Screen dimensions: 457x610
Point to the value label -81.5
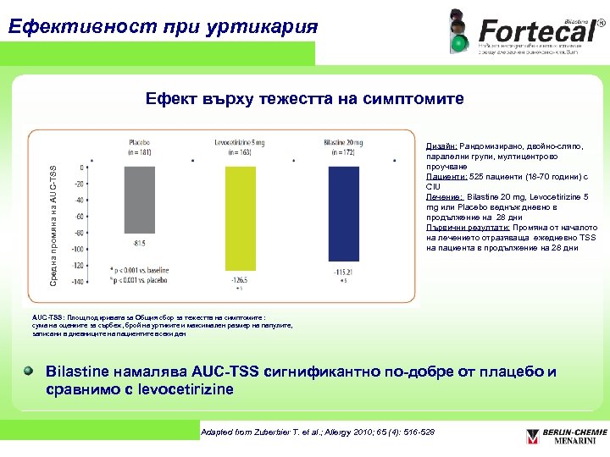click(138, 244)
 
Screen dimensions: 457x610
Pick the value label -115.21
click(341, 271)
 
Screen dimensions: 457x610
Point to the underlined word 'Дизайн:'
click(441, 146)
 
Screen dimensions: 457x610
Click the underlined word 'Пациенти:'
click(445, 177)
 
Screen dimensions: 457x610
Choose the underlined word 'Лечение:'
click(444, 197)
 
